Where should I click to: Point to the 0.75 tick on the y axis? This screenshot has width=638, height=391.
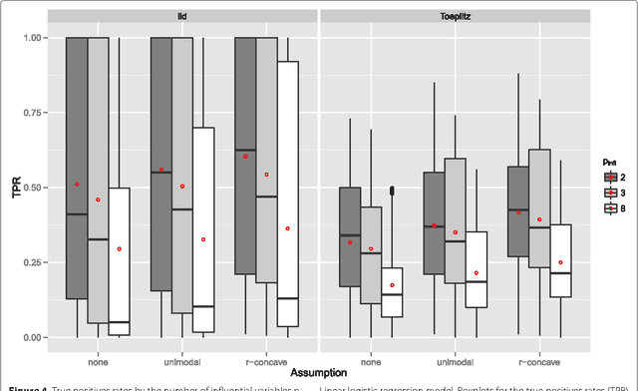pos(36,113)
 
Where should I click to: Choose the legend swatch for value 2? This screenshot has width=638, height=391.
pos(608,176)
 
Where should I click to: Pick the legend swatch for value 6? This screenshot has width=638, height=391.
pos(608,207)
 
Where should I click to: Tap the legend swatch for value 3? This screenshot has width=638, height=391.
pos(608,192)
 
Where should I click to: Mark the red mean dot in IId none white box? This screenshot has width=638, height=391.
pos(119,248)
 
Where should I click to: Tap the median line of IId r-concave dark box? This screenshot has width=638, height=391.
pos(244,151)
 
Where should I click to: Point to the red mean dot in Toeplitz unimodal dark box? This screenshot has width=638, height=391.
pos(434,225)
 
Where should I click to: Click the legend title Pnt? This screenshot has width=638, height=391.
pos(606,160)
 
